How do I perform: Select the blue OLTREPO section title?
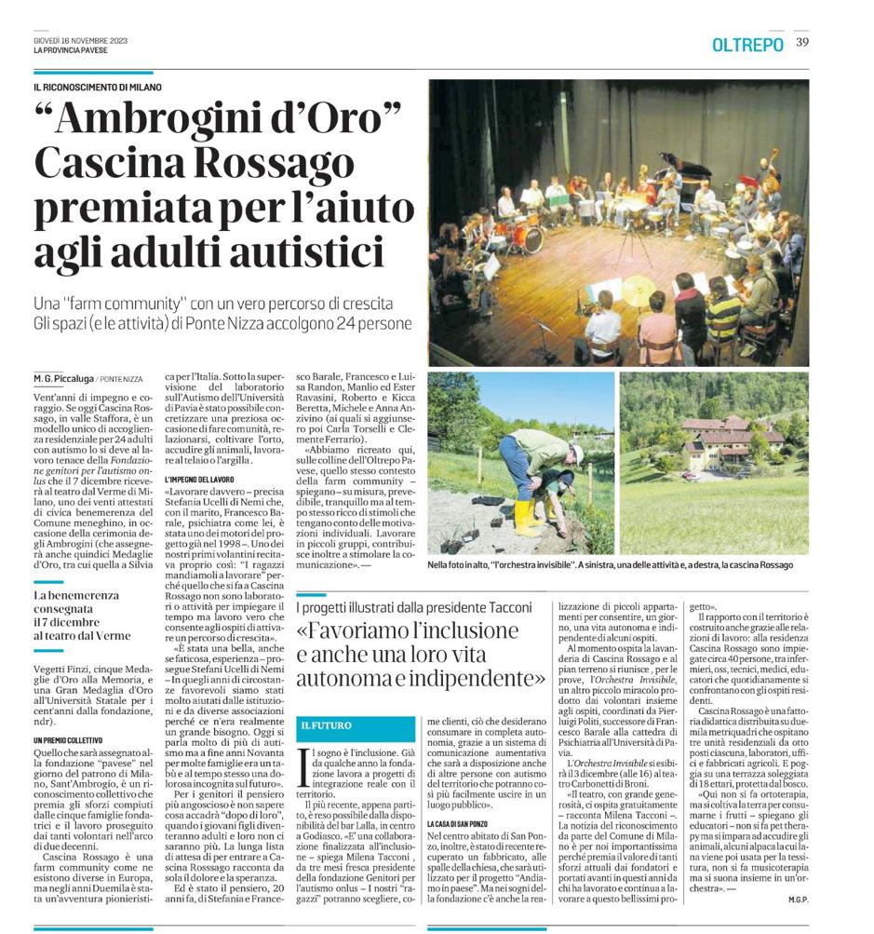point(747,44)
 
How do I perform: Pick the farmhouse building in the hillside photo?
point(731,437)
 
